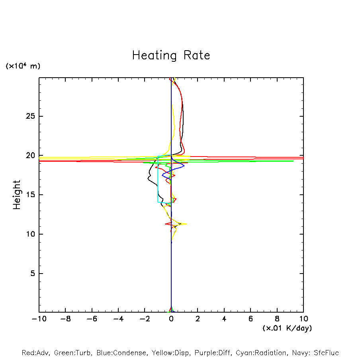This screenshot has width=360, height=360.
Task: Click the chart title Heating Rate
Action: pyautogui.click(x=171, y=55)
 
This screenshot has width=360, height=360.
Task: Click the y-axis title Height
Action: pyautogui.click(x=17, y=195)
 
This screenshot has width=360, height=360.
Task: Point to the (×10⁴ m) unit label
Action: pyautogui.click(x=23, y=66)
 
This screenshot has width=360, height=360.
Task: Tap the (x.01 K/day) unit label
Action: pyautogui.click(x=287, y=328)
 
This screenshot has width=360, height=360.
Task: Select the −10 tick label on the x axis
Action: pyautogui.click(x=39, y=319)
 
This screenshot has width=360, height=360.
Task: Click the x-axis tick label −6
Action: pyautogui.click(x=92, y=319)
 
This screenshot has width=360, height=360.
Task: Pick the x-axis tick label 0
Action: pyautogui.click(x=171, y=319)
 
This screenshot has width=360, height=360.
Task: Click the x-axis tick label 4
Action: pyautogui.click(x=224, y=319)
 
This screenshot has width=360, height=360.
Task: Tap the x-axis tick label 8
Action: pyautogui.click(x=277, y=319)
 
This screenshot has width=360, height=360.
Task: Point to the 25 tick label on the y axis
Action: pyautogui.click(x=31, y=116)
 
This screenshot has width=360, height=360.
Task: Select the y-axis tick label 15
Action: pyautogui.click(x=31, y=195)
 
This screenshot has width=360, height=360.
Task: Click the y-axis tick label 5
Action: pyautogui.click(x=33, y=273)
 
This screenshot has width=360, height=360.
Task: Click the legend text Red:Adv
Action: pyautogui.click(x=35, y=353)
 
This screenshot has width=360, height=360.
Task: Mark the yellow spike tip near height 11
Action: pyautogui.click(x=186, y=224)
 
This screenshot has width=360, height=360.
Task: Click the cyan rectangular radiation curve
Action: pyautogui.click(x=158, y=179)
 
